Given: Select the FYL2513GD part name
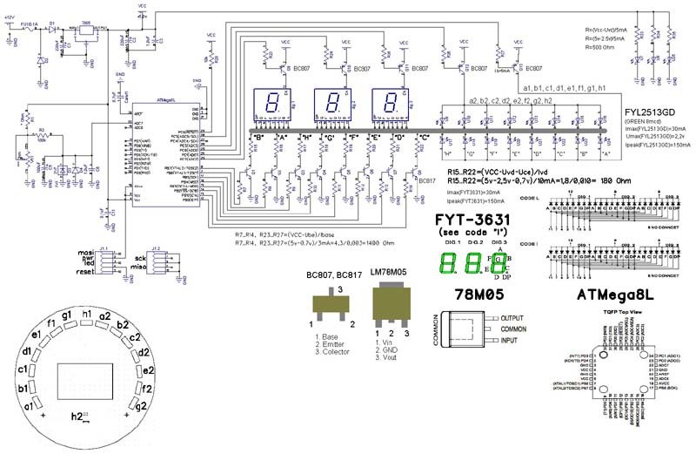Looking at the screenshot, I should coord(651,112).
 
